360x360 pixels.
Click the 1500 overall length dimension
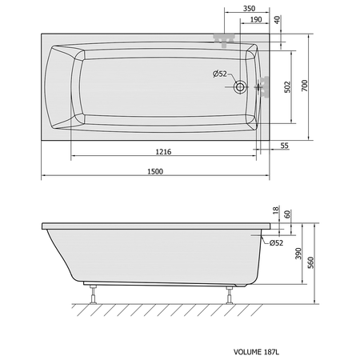pyautogui.click(x=155, y=171)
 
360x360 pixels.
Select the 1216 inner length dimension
pyautogui.click(x=163, y=152)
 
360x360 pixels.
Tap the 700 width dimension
pyautogui.click(x=305, y=86)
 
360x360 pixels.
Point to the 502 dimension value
pyautogui.click(x=287, y=87)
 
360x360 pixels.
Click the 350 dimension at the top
pyautogui.click(x=249, y=9)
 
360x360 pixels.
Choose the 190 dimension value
pyautogui.click(x=256, y=19)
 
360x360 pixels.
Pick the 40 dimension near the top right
pyautogui.click(x=278, y=20)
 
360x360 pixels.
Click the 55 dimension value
pyautogui.click(x=285, y=146)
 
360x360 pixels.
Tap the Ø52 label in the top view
pyautogui.click(x=220, y=74)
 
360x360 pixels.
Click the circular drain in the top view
pyautogui.click(x=240, y=87)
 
